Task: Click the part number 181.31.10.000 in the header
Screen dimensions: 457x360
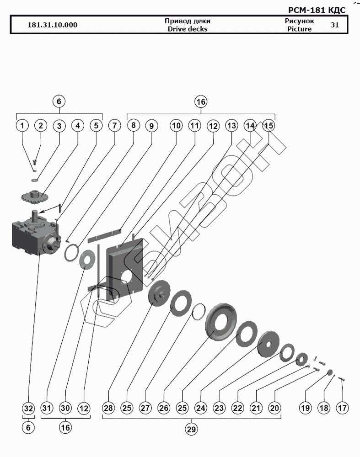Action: tap(53, 25)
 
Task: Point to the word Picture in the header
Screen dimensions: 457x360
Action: tap(299, 29)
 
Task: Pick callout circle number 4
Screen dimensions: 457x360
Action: tap(77, 125)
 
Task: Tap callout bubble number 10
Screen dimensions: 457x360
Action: tap(177, 125)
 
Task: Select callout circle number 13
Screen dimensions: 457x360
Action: tap(231, 125)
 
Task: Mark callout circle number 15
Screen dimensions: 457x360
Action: tap(269, 125)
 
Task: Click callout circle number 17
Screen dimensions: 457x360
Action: tap(342, 408)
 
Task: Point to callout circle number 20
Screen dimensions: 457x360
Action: tap(274, 408)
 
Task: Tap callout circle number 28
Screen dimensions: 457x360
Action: tap(108, 408)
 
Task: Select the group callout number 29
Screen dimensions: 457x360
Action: tap(191, 429)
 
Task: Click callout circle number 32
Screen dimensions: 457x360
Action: tap(28, 408)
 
